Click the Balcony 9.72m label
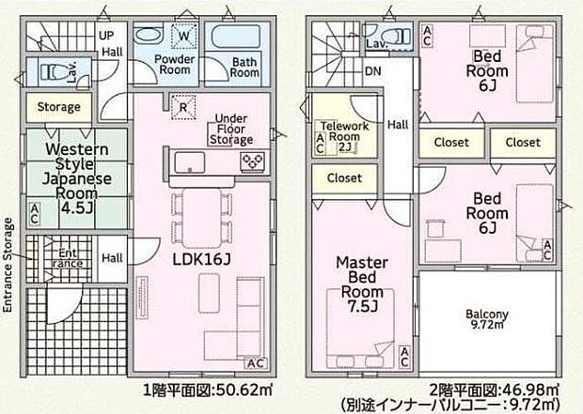click(486, 318)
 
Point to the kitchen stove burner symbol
click(254, 161)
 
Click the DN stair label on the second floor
click(373, 71)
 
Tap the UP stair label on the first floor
click(107, 36)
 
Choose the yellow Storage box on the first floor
click(58, 107)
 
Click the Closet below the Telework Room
click(343, 176)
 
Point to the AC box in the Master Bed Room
click(403, 357)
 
